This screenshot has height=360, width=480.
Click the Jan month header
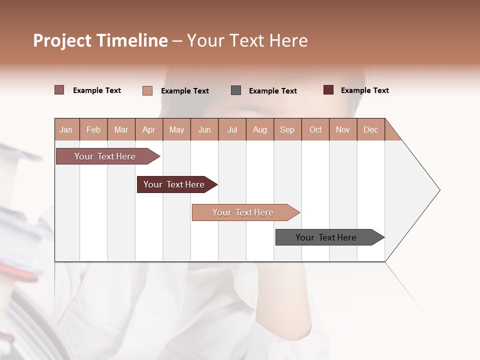pos(66,129)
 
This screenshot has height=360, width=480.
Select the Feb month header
pos(93,129)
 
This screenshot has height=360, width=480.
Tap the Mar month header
pos(121,129)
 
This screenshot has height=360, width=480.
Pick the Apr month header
pos(148,129)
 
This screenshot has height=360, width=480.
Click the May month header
pos(176,129)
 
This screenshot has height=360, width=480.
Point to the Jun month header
pos(204,129)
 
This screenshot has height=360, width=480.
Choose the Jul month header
pos(232,129)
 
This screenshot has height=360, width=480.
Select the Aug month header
pos(259,129)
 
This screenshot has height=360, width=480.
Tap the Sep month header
pos(287,129)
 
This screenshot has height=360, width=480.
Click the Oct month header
pos(315,129)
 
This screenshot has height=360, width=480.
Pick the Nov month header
pos(343,129)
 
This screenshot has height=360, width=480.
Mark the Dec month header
pos(370,129)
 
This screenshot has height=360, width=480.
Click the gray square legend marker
pos(236,90)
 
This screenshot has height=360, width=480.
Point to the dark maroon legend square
pos(328,90)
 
